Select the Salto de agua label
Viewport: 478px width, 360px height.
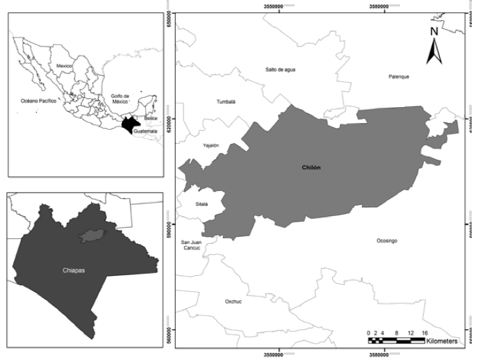tap(281, 69)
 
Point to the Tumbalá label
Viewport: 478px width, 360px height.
tap(226, 101)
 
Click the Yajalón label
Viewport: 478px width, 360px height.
tap(211, 145)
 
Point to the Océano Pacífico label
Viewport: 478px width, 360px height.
tap(38, 101)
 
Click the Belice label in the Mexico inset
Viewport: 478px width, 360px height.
tap(151, 119)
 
